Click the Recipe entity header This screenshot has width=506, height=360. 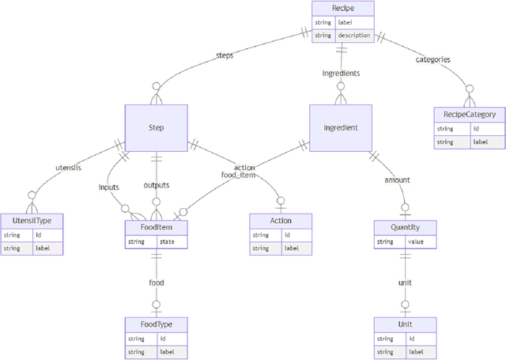coord(342,9)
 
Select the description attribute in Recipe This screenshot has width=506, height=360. coord(353,36)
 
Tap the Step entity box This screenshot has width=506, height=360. coord(156,127)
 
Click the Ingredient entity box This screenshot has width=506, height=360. coord(341,127)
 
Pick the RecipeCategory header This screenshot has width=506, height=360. coord(470,114)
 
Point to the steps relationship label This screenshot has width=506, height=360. coord(225,55)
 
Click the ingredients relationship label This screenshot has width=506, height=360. coord(341,73)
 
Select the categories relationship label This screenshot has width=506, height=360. coord(433,59)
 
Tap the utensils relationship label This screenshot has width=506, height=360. coord(68,168)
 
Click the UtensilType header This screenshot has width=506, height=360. coord(32,220)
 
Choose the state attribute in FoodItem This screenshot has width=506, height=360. coord(166,241)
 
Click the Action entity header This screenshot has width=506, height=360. coord(281,221)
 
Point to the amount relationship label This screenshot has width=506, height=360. coord(397,180)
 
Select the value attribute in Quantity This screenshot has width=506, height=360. coord(416,241)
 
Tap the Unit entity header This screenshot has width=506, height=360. coord(405,324)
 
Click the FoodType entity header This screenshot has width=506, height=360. coord(156,324)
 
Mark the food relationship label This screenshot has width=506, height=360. coord(157,282)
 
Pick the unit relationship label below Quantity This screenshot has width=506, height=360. coord(405,282)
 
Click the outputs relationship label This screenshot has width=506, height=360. coord(157,185)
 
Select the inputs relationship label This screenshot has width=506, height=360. coord(109,188)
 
